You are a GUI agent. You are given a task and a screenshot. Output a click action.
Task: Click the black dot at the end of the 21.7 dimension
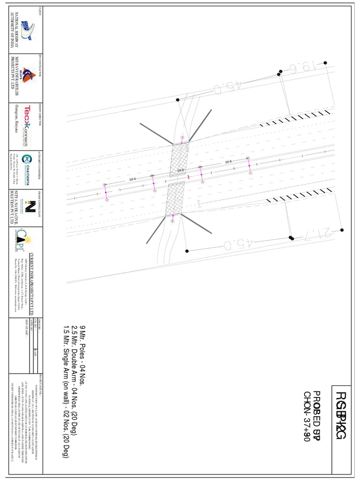(x=342, y=230)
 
